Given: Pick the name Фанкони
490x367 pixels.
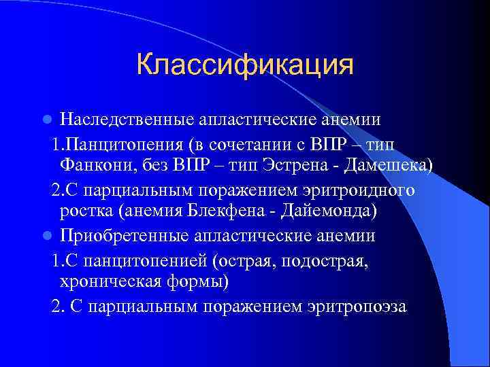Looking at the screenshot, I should click(93, 166).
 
